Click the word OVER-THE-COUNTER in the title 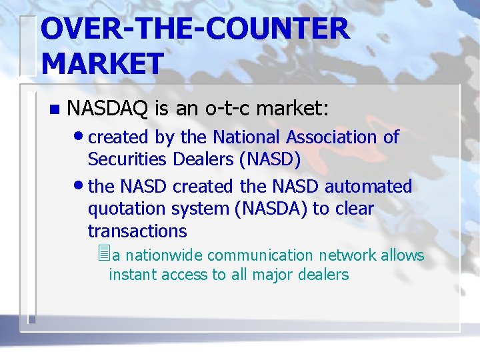tap(194, 29)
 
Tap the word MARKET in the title tap(102, 63)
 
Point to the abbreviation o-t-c tap(220, 107)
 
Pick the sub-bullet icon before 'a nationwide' tap(102, 253)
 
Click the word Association tap(331, 137)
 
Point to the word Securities tap(127, 160)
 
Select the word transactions tap(137, 231)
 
